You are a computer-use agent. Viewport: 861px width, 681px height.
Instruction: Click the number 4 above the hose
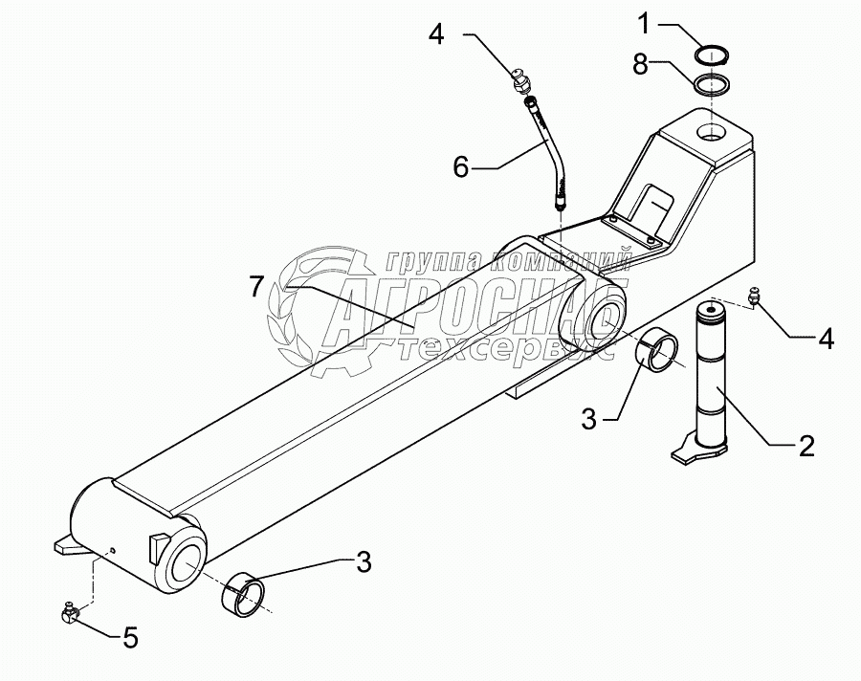click(436, 36)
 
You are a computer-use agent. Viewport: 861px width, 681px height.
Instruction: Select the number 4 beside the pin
click(826, 338)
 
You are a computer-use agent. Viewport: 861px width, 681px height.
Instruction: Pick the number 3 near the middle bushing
click(589, 417)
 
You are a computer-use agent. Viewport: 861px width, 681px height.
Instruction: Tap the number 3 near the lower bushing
click(364, 562)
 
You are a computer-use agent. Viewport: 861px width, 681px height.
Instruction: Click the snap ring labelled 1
click(715, 55)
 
